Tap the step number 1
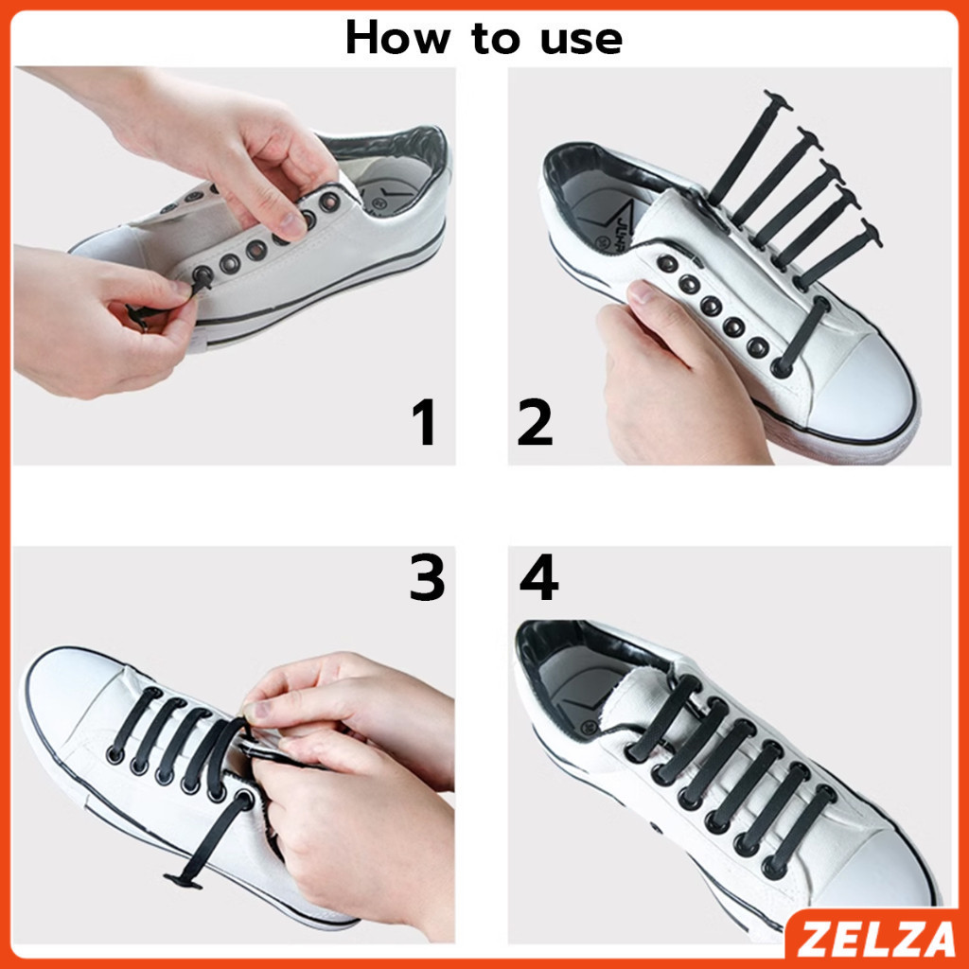click(x=425, y=422)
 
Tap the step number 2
click(x=535, y=422)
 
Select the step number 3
click(x=427, y=578)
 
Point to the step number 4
click(x=537, y=578)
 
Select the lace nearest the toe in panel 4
click(x=801, y=833)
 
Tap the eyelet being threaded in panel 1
click(x=203, y=275)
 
